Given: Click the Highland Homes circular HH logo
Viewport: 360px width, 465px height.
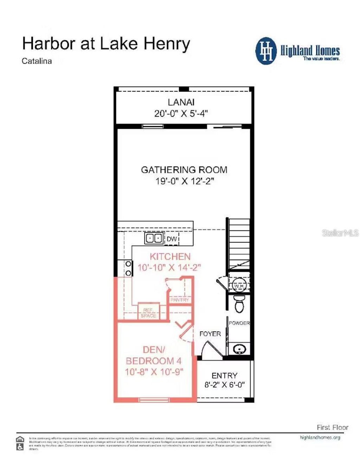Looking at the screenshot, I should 266,51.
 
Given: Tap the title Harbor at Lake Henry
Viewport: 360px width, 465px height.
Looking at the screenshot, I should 106,44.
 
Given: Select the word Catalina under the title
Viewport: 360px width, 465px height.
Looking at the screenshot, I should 37,61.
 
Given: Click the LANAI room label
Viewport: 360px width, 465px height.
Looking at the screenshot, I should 181,102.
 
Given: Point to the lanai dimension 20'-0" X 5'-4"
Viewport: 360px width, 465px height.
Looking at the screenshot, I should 181,113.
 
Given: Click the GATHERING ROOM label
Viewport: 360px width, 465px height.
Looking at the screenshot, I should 184,170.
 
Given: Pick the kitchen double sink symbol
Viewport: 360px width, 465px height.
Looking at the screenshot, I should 154,238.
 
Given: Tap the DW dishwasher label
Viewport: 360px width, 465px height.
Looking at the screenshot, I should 172,239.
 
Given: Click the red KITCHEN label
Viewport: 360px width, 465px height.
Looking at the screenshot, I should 170,257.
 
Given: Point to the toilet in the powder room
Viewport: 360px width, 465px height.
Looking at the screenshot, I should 239,304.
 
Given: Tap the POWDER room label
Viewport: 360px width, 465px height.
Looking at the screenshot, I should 239,323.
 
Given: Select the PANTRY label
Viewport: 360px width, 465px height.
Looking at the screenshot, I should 180,300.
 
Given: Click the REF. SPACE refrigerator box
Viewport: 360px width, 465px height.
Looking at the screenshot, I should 148,312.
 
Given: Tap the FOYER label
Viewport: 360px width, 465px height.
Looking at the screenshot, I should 210,334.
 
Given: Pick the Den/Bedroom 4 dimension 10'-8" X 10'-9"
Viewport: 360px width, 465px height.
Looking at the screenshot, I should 154,372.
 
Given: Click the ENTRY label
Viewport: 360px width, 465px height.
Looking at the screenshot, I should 224,375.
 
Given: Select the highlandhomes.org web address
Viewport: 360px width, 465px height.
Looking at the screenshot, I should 320,438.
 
